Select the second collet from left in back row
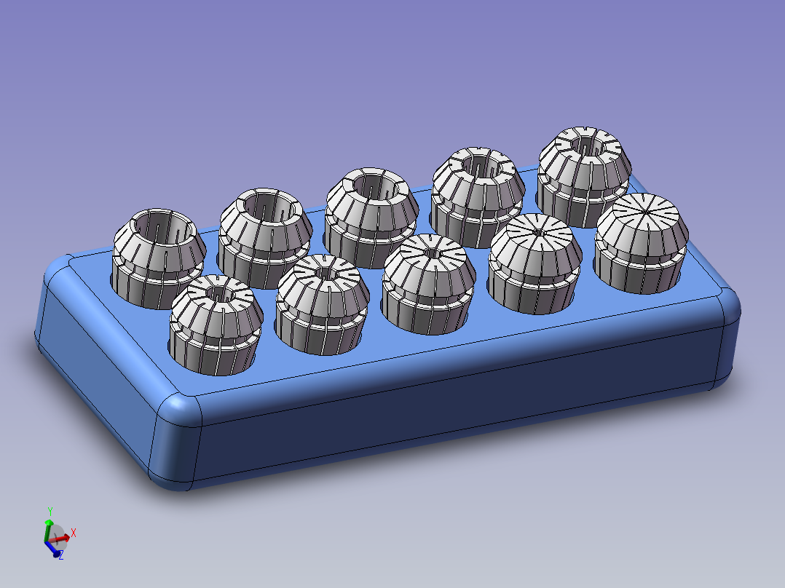(265, 238)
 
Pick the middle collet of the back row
(371, 218)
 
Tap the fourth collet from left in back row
(478, 197)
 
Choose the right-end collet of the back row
(584, 177)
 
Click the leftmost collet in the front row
(216, 325)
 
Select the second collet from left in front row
(323, 305)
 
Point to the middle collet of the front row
(428, 284)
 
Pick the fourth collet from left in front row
(535, 263)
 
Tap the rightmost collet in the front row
(642, 243)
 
